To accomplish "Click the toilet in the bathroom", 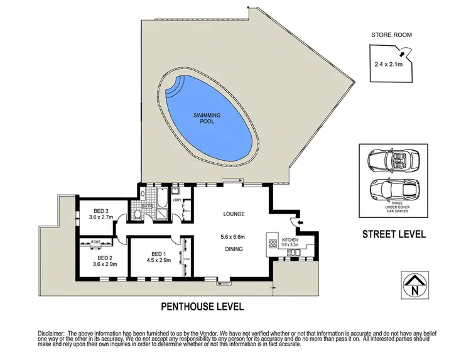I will [x=138, y=215].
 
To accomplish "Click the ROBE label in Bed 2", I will [x=96, y=242].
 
